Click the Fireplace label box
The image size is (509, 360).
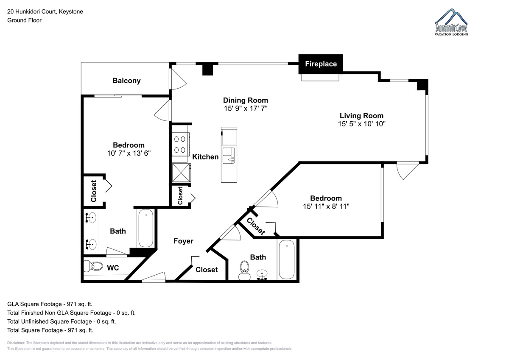[320, 64]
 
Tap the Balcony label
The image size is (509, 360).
[126, 81]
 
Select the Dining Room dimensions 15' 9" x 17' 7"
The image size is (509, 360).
[246, 109]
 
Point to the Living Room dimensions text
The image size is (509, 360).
[361, 124]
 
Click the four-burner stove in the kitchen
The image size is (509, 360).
[181, 144]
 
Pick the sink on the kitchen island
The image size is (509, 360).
[229, 156]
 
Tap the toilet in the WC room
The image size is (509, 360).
[93, 266]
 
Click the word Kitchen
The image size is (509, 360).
[205, 157]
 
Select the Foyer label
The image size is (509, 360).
[183, 241]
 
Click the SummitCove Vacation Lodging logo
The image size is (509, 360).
[451, 22]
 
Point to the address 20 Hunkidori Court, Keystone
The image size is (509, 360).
[45, 11]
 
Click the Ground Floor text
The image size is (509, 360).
[24, 20]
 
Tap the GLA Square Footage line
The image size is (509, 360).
[50, 304]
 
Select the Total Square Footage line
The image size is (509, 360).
[50, 330]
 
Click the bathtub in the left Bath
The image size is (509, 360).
[145, 228]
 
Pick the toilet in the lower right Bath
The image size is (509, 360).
[244, 270]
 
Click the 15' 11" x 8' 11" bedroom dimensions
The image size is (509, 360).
[326, 206]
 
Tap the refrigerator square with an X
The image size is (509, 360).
[181, 173]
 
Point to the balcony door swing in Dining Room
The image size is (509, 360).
[179, 79]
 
